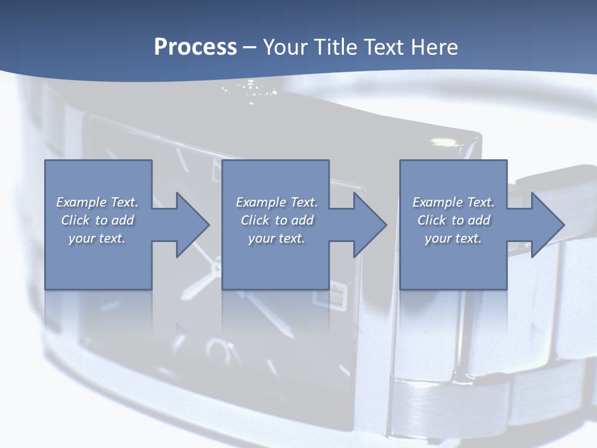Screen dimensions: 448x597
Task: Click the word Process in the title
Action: point(195,47)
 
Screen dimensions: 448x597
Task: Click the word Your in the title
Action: point(285,47)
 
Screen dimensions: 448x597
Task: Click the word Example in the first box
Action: point(81,202)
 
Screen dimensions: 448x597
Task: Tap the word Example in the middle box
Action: point(261,202)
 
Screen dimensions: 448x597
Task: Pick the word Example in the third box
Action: point(438,202)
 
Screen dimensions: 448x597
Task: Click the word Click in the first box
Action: point(75,220)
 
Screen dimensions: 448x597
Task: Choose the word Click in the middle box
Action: point(255,220)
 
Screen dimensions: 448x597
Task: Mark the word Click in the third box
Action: point(432,220)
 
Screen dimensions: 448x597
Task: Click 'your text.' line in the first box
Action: point(97,238)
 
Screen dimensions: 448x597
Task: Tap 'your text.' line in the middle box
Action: point(277,238)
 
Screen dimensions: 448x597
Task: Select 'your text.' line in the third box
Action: point(453,238)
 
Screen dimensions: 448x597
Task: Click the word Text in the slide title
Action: point(381,47)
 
